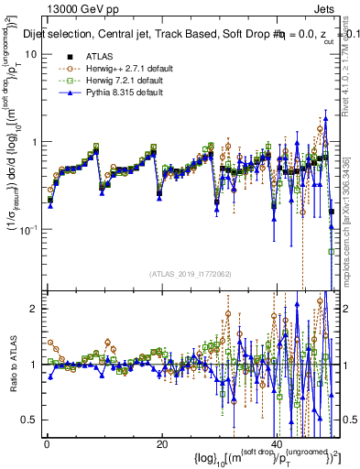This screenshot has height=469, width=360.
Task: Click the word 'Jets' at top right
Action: (x=328, y=8)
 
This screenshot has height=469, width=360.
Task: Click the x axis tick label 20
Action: (x=161, y=443)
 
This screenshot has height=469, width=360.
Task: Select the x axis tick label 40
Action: (x=278, y=443)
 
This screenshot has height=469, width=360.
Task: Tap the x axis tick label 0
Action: (x=46, y=443)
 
